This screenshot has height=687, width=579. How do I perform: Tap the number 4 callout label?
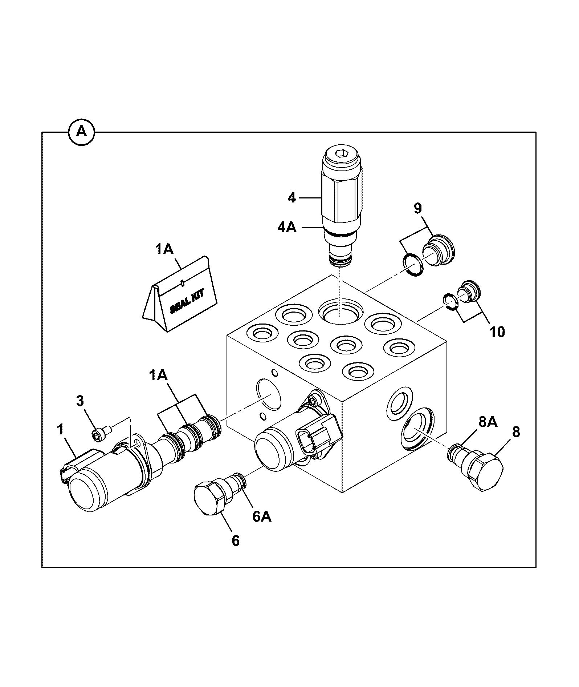292,198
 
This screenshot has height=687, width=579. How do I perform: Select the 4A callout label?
287,228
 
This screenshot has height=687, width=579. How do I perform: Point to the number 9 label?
418,209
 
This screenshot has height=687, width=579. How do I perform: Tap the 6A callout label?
262,516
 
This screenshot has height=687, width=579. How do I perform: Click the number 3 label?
80,401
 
